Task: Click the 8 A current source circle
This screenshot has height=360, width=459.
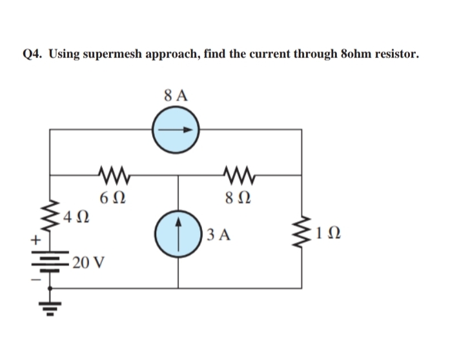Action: tap(176, 129)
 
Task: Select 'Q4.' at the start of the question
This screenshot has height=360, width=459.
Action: tap(32, 54)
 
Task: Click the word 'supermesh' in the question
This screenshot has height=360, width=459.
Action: tap(129, 54)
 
